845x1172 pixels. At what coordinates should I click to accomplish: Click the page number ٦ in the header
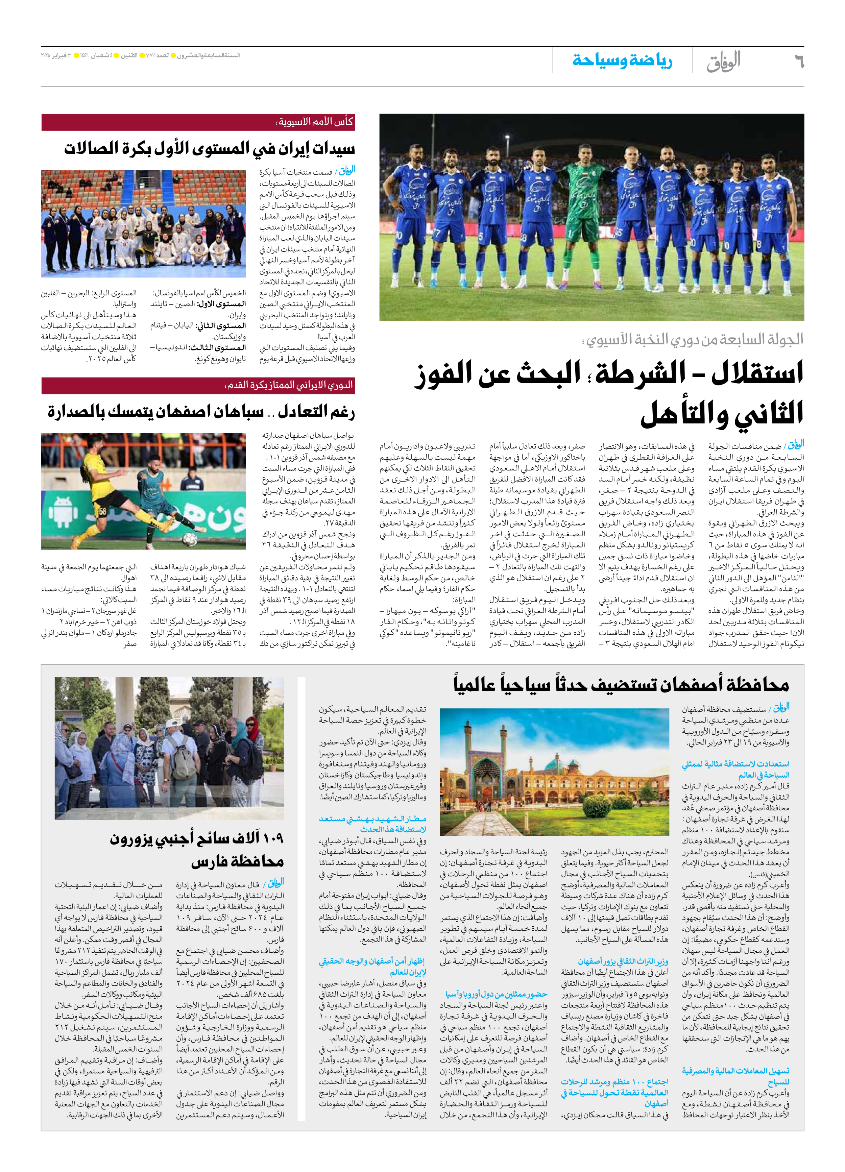tap(798, 62)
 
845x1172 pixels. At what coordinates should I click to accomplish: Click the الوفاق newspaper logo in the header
tap(724, 62)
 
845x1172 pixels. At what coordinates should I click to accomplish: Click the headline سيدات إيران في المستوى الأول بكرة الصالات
tap(209, 149)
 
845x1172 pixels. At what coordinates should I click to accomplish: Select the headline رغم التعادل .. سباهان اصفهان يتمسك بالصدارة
tap(201, 412)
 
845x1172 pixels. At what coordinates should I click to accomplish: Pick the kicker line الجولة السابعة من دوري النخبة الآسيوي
tap(693, 340)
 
